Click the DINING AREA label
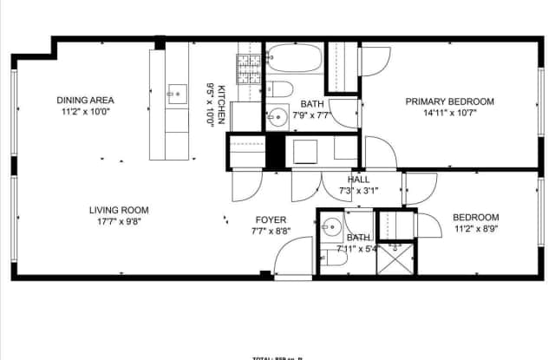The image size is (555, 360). (86, 100)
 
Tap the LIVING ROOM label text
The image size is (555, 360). (119, 210)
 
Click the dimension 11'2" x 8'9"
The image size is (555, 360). (476, 229)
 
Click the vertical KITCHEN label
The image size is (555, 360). (222, 105)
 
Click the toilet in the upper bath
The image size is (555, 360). (279, 88)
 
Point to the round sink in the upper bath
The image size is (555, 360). (277, 115)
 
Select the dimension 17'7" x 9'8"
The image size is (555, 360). (119, 221)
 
